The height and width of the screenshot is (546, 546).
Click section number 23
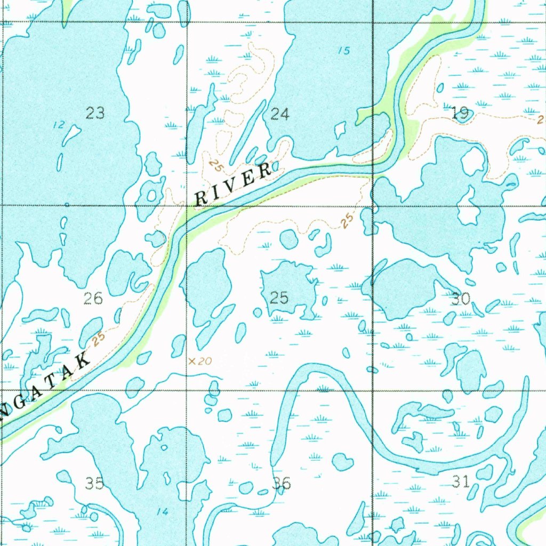95,113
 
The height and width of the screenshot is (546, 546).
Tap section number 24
280,114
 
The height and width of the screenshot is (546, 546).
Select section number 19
460,113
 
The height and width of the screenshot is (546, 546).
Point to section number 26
93,298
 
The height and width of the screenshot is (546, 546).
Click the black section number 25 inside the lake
279,298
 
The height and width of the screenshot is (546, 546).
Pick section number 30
461,299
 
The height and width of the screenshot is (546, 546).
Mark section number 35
95,483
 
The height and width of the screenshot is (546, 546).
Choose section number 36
282,483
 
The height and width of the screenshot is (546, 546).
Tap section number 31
461,482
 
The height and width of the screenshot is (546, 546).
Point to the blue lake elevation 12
59,125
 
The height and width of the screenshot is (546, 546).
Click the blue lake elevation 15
344,51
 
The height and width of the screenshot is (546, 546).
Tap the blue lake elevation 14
163,512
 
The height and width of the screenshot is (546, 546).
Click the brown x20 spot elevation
200,362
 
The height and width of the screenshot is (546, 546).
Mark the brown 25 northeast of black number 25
348,220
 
